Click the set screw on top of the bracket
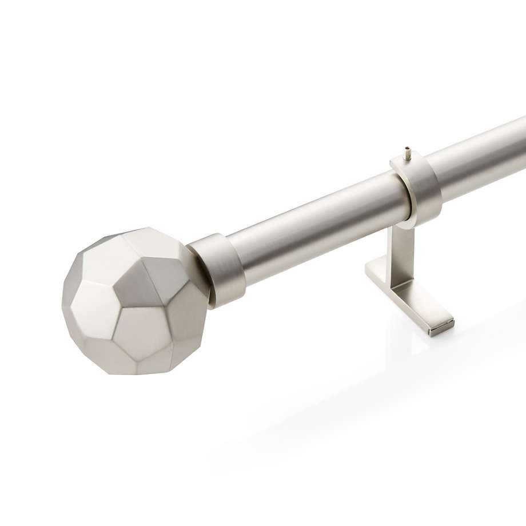407,153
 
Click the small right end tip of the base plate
444,326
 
